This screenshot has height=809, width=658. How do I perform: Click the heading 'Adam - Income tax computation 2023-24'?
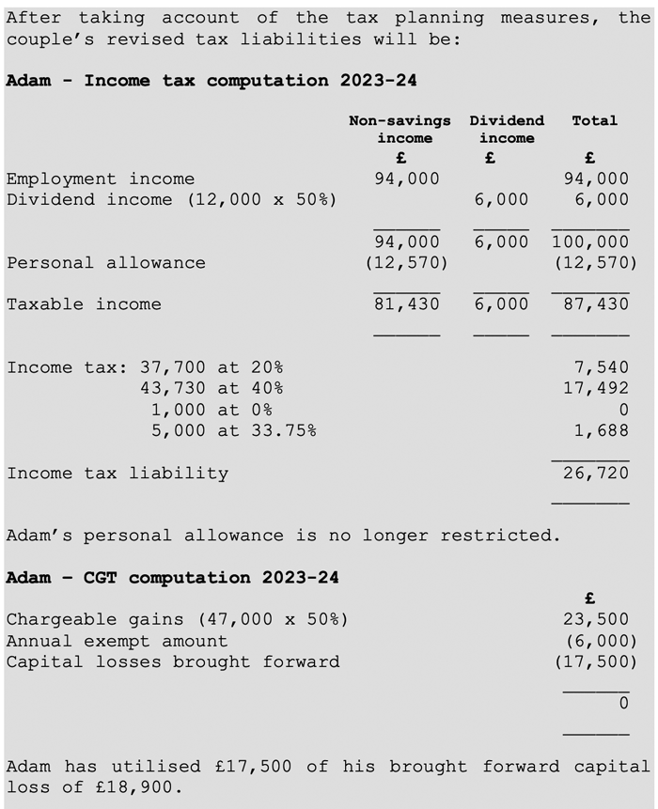point(211,81)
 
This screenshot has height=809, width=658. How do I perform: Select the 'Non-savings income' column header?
point(399,130)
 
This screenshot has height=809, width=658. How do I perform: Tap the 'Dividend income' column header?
point(507,130)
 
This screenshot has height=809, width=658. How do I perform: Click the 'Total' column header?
point(594,120)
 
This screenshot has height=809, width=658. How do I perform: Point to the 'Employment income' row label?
point(101,179)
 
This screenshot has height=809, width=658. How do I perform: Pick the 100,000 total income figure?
point(590,241)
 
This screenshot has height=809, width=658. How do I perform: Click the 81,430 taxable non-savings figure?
point(406,304)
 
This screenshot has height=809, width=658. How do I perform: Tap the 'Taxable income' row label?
point(84,304)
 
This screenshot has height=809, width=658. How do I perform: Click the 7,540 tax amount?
point(601,367)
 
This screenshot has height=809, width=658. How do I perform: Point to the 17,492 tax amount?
point(596,388)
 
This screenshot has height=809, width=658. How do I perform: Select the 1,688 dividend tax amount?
point(601,430)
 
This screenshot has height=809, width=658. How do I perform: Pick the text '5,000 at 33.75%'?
point(234,430)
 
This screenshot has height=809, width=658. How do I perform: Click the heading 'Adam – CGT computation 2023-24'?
point(172,578)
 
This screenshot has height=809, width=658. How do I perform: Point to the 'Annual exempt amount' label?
point(117,641)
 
